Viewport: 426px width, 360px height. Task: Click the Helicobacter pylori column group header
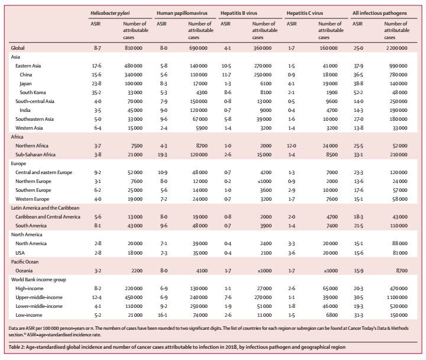point(110,13)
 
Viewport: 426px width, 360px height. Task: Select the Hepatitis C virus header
point(305,13)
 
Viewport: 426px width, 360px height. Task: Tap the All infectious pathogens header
point(379,13)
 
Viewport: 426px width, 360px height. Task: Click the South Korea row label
point(33,92)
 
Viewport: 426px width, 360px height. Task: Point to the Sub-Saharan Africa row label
point(35,155)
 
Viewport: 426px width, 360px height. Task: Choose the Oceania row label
point(24,271)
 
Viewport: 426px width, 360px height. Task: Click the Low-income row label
point(29,315)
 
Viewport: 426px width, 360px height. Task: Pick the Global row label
point(18,48)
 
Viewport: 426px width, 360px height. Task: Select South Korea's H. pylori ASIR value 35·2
point(96,92)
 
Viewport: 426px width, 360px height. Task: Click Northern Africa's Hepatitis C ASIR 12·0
point(292,146)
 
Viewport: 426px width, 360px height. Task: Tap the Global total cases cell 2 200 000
point(397,48)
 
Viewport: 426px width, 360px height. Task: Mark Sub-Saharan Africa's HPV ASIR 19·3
point(163,155)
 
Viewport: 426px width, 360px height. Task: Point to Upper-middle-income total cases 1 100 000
point(397,297)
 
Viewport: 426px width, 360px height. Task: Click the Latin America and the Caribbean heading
point(45,208)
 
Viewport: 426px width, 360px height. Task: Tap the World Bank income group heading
point(38,279)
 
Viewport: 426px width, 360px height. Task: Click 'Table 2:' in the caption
point(17,347)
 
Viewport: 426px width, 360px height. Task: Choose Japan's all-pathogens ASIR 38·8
point(359,83)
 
